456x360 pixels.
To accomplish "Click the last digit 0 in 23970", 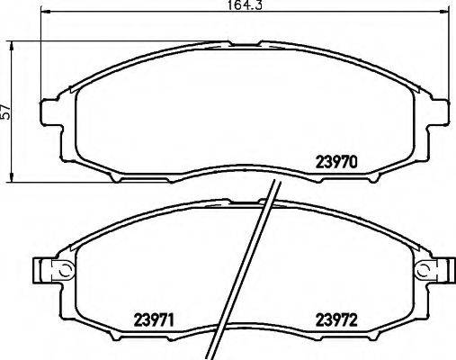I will coord(356,163).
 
